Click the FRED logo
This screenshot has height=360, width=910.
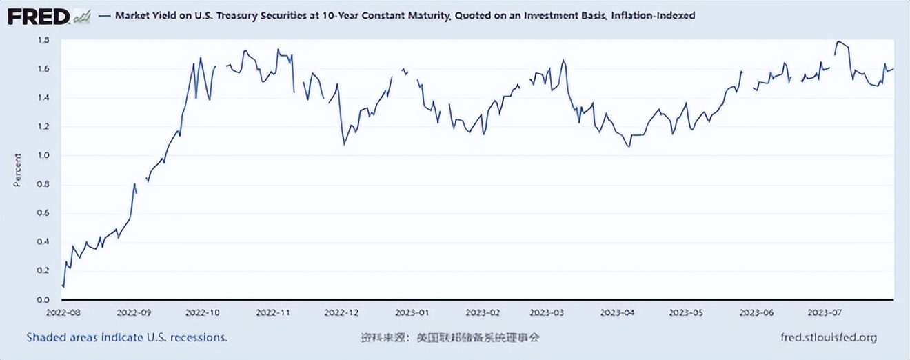(x=39, y=16)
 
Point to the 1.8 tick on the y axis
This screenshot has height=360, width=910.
(x=43, y=40)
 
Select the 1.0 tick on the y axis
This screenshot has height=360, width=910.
(x=43, y=155)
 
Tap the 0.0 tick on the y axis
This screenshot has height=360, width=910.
(x=43, y=300)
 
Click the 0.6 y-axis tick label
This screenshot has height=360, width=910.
(x=43, y=213)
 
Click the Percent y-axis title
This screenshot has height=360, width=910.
(x=17, y=170)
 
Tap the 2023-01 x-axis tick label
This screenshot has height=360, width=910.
(x=416, y=312)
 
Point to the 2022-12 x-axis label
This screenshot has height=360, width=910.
(x=343, y=312)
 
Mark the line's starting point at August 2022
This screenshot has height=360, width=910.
(x=63, y=286)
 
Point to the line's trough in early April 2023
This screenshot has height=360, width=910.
(x=629, y=146)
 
